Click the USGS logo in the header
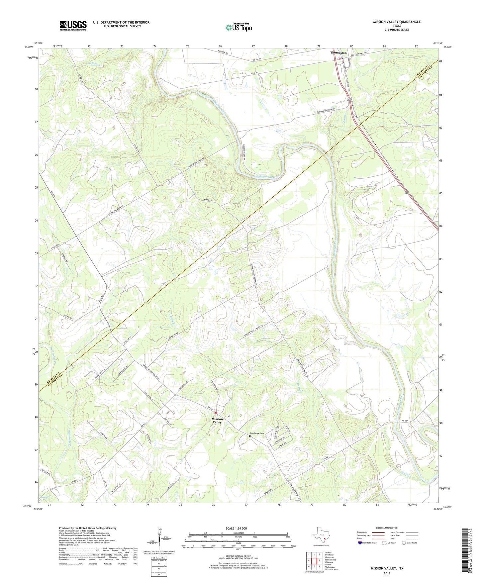tap(73, 26)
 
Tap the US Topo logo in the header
tap(239, 27)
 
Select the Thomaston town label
tap(338, 53)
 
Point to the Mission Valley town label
tap(217, 421)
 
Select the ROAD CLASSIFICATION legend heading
tap(387, 528)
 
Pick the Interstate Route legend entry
tap(367, 543)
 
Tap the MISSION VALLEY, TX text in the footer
tap(387, 568)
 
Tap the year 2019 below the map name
tap(387, 573)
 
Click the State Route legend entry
tap(409, 543)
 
